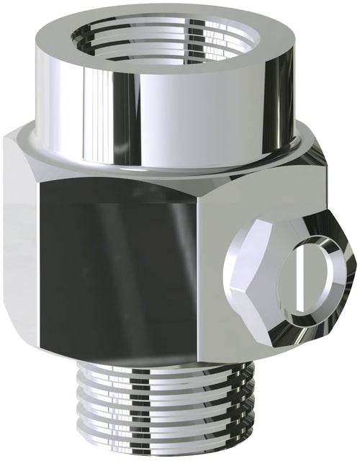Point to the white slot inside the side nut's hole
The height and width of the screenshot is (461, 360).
pos(299,277)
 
